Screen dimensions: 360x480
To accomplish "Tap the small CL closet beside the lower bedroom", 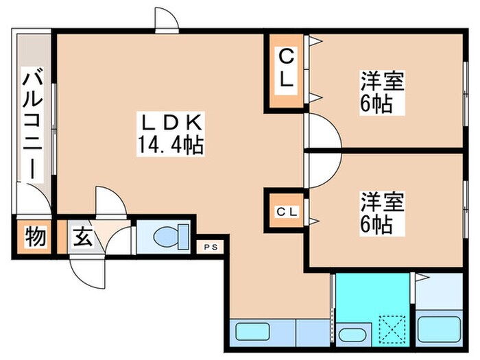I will click(287, 213).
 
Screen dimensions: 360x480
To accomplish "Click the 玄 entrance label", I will click(82, 239).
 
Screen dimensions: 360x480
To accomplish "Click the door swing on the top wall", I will click(167, 19).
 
